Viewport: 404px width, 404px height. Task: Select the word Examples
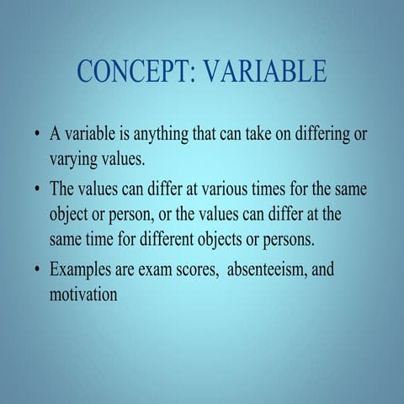click(82, 271)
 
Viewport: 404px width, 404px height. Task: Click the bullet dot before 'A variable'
click(36, 136)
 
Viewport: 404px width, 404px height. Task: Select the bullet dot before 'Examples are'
click(36, 272)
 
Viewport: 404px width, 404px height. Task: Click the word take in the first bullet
click(256, 135)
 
